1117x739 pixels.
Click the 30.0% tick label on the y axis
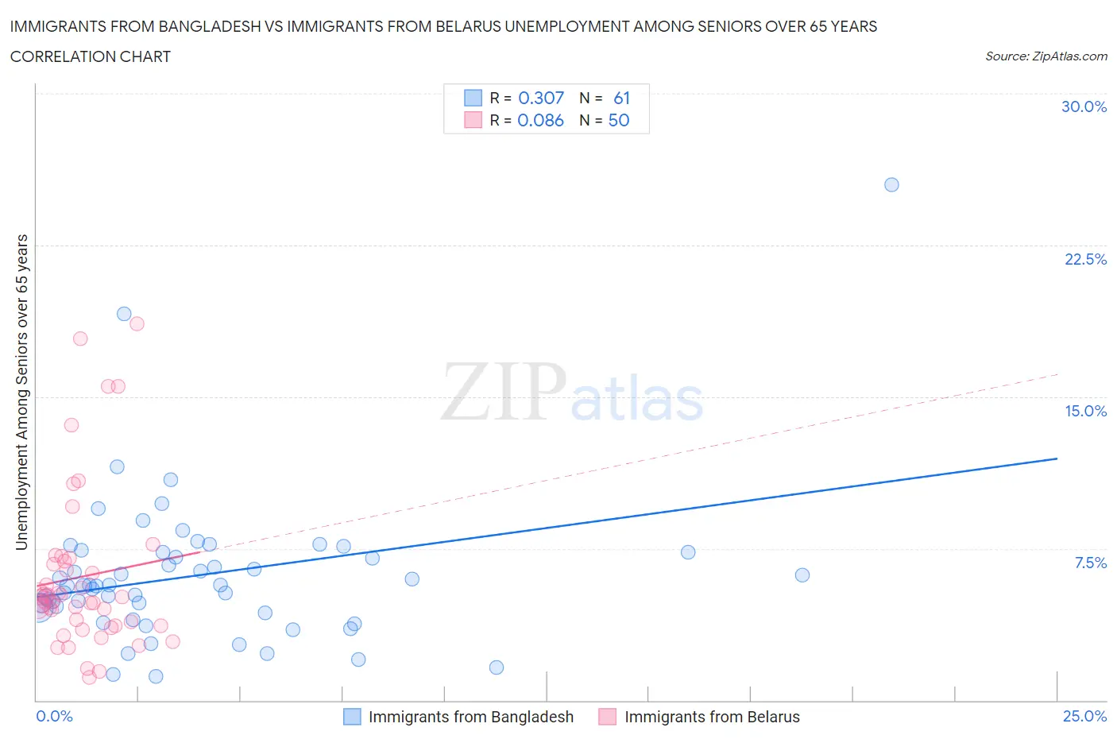1084,106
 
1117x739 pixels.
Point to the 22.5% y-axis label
1085,259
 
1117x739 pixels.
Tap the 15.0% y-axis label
1085,411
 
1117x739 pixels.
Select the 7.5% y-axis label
1090,563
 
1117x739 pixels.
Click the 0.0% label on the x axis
54,716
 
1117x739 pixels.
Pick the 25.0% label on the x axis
1084,716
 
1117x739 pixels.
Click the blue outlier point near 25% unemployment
891,184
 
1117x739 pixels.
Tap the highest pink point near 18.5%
137,323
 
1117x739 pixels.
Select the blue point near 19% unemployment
124,314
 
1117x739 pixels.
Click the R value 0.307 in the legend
540,98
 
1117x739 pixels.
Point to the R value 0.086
540,120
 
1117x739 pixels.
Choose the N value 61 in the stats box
621,98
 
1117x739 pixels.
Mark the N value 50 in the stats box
619,120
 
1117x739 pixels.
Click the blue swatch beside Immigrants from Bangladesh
352,717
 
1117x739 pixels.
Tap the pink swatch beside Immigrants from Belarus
608,717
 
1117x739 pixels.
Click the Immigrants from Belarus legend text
712,717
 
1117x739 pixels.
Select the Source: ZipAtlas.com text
1045,56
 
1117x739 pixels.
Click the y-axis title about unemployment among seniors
21,392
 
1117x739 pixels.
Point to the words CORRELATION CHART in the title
91,56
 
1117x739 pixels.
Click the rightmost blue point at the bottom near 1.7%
497,667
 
